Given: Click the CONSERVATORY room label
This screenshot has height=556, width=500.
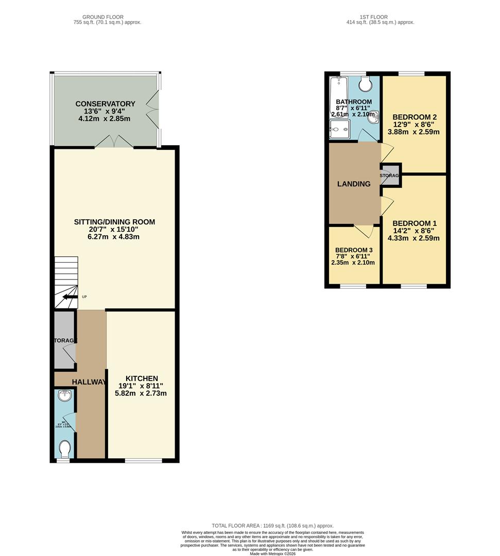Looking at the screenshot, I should click(x=105, y=103).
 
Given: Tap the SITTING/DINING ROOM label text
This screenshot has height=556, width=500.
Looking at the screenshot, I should click(x=114, y=222).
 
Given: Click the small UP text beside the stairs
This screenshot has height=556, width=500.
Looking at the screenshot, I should click(x=84, y=297).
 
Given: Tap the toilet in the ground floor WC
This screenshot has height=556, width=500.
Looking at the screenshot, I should click(x=65, y=448).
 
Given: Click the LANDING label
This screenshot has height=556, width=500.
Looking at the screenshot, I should click(x=354, y=184).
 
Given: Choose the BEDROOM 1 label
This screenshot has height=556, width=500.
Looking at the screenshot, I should click(x=414, y=223).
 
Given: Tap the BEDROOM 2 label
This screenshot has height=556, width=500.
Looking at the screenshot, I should click(x=414, y=116).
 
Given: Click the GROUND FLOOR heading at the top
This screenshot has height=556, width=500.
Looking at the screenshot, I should click(x=107, y=17).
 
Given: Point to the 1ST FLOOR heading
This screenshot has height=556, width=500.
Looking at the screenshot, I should click(x=381, y=17).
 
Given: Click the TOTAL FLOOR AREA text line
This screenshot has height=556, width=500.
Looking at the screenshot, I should click(x=272, y=525).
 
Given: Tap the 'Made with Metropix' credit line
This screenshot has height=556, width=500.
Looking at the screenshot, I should click(x=272, y=553).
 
